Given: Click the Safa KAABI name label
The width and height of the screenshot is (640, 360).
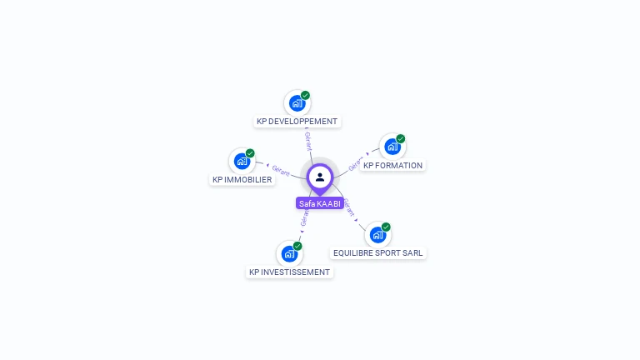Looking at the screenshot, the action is click(320, 203).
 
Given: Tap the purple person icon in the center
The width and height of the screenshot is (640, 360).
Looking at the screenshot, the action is click(320, 177).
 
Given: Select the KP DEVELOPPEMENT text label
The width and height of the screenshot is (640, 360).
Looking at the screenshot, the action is click(297, 122).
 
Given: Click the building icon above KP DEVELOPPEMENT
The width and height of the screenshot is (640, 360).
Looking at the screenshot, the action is click(296, 103).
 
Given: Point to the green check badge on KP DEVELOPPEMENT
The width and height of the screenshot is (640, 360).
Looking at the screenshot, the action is click(306, 95).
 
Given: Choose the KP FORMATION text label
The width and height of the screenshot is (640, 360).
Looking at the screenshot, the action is click(393, 166).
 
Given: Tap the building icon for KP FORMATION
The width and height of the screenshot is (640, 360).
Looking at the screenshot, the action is click(392, 147).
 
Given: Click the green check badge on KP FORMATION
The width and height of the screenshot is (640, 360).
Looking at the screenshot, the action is click(401, 138).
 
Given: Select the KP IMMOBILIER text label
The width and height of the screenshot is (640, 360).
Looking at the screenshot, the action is click(242, 180).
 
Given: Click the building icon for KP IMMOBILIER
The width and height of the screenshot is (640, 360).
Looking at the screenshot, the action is click(242, 161).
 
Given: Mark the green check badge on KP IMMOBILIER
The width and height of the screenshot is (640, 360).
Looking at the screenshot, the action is click(250, 152).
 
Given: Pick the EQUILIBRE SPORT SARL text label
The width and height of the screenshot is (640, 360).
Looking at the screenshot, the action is click(377, 253).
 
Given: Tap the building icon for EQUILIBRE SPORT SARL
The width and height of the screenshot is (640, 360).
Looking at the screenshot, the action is click(377, 235).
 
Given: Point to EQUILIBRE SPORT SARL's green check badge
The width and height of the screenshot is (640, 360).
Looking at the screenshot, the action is click(387, 227).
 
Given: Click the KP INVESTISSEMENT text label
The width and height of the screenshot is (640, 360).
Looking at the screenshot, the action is click(289, 272).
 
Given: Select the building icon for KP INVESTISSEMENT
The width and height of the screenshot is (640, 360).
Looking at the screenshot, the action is click(288, 253).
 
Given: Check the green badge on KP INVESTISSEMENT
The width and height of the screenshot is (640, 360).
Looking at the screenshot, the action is click(297, 246).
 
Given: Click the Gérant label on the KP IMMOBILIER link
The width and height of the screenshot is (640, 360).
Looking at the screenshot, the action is click(281, 170).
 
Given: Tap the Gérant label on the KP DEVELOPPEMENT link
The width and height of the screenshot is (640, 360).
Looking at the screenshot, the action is click(307, 140).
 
